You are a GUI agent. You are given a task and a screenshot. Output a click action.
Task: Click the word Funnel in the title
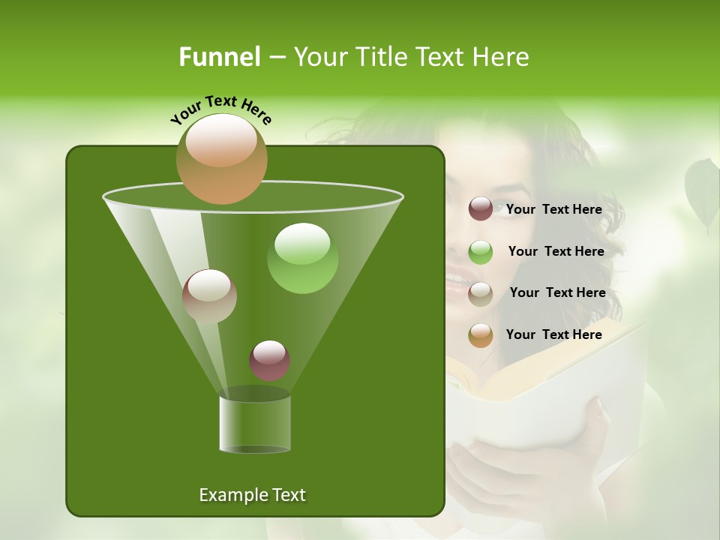[x=220, y=57]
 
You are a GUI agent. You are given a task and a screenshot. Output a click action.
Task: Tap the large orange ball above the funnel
[x=222, y=158]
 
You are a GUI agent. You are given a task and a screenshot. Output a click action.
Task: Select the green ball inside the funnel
[x=302, y=258]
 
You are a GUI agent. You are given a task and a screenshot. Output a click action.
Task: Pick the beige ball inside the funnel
[x=209, y=296]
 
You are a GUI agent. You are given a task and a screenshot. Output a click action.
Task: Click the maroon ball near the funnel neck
[x=269, y=360]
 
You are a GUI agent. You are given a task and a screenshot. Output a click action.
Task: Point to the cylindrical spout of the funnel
[x=255, y=424]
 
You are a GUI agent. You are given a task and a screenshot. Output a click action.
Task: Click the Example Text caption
[x=252, y=495]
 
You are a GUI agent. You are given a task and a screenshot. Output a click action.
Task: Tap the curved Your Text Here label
[x=221, y=109]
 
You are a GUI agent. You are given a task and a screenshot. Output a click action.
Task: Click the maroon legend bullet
[x=481, y=209]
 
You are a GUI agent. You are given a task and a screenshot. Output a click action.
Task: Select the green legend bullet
[x=481, y=252]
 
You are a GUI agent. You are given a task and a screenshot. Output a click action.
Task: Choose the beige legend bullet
[x=481, y=293]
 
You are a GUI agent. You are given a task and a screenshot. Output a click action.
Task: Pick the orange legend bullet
[x=481, y=335]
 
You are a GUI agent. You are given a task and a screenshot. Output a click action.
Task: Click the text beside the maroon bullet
[x=553, y=210]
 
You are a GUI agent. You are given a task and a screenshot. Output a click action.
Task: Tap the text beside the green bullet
[x=556, y=252]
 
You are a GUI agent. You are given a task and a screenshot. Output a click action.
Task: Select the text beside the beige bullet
[x=557, y=293]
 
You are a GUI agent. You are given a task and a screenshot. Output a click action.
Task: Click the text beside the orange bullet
[x=553, y=335]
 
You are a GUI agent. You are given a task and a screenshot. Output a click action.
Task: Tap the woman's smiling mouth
[x=456, y=283]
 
